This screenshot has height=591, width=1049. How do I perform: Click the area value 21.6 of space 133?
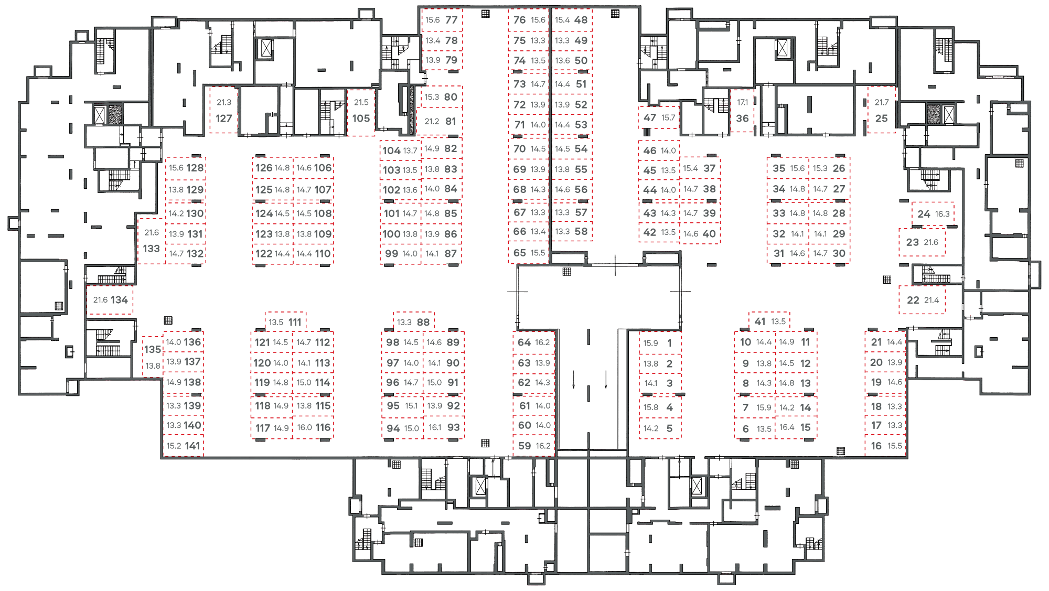click(x=152, y=232)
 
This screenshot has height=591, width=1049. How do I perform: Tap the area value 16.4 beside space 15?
click(x=787, y=427)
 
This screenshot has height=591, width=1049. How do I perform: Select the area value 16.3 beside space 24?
click(x=943, y=214)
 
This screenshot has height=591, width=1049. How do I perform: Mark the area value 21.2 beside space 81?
click(x=432, y=121)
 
